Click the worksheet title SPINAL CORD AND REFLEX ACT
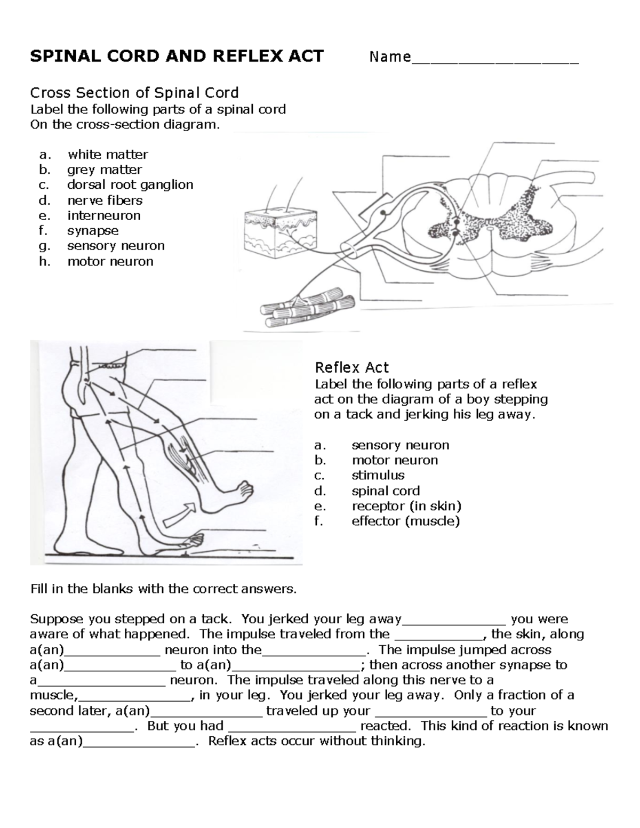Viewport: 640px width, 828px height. coord(177,56)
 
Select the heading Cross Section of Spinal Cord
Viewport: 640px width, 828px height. coord(134,93)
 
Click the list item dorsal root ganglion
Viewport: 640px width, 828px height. coord(130,185)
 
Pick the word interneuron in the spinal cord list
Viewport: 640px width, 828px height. coord(103,215)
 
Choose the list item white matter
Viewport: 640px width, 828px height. coord(107,155)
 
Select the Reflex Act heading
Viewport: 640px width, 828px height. coord(351,367)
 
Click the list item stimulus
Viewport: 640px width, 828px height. coord(378,475)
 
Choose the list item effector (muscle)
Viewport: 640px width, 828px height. coord(405,521)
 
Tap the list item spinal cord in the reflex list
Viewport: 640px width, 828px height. coord(385,491)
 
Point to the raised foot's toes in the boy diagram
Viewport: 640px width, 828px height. coord(246,488)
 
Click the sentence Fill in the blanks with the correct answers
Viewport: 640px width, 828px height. coord(163,589)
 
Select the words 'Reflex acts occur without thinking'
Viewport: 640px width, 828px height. coord(317,741)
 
